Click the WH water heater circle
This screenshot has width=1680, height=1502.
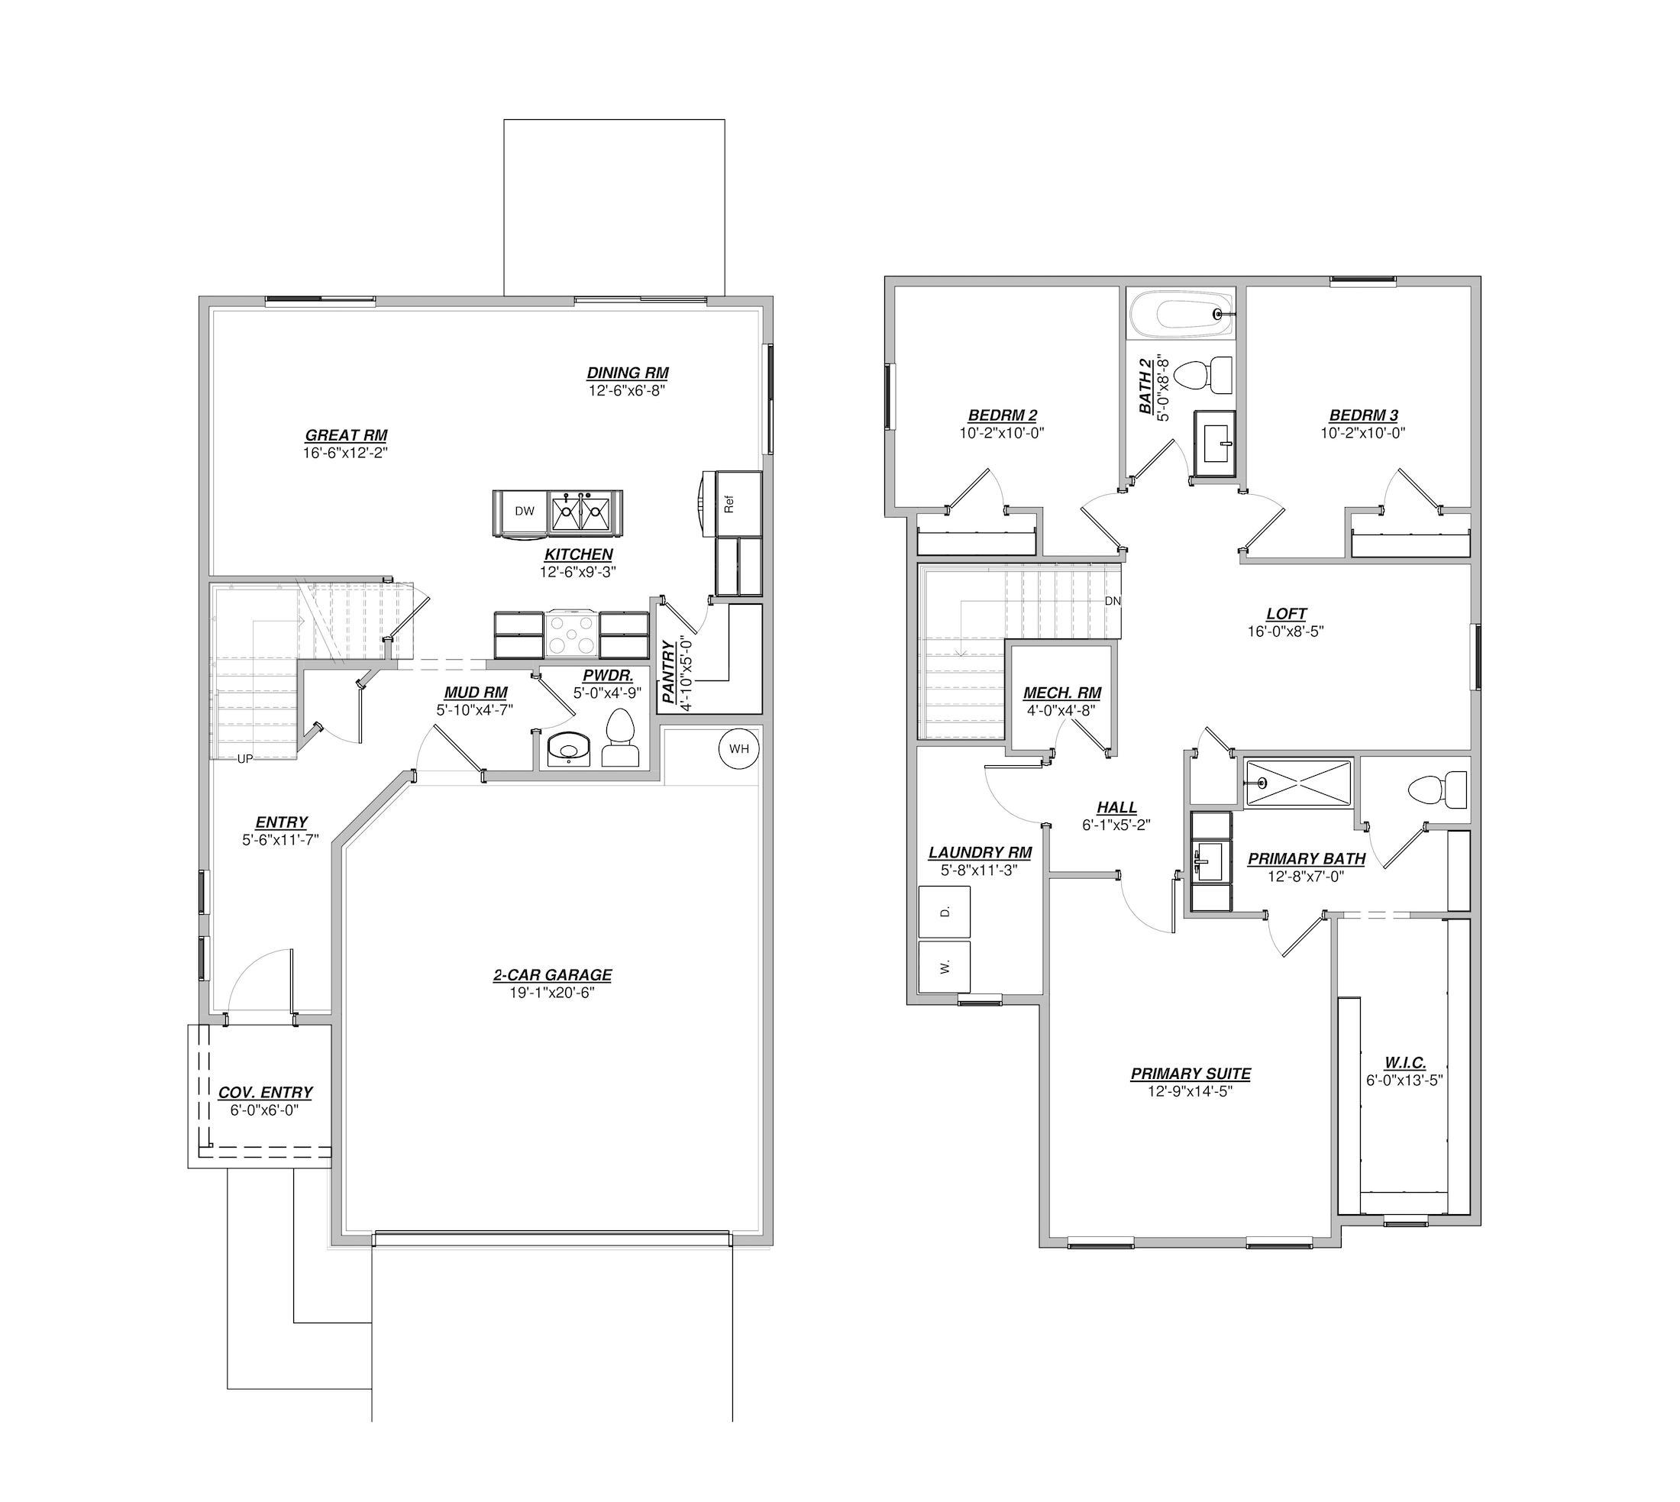coord(738,749)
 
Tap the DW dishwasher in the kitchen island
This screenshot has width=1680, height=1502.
coord(525,512)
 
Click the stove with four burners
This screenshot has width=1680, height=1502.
coord(571,635)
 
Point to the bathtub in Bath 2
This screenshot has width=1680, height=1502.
coord(1181,313)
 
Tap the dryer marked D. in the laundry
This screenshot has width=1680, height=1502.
coord(945,911)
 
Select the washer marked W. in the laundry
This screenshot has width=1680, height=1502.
coord(945,965)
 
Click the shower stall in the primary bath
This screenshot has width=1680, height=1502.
coord(1298,783)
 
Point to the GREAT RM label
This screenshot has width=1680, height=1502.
coord(346,436)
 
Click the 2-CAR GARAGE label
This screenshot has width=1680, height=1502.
coord(553,975)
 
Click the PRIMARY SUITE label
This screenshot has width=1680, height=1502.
coord(1191,1074)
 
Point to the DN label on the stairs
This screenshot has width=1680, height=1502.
coord(1113,601)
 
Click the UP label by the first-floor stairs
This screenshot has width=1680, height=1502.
coord(245,759)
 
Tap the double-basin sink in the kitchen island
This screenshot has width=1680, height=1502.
coord(581,512)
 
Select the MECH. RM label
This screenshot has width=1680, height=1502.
coord(1062,693)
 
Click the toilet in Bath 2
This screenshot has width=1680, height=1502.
coord(1202,376)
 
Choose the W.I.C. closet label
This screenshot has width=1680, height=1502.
coord(1405,1063)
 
